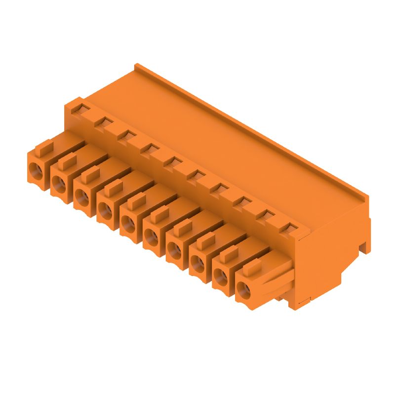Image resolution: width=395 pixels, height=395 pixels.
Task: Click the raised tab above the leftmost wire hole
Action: pos(46,147)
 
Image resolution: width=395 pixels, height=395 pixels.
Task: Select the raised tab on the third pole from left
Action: pos(91,174)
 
